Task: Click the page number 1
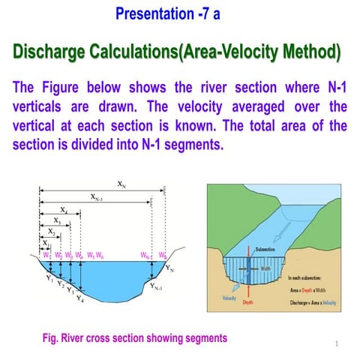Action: pos(339,344)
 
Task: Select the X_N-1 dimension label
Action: pos(97,197)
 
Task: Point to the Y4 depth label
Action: pos(79,299)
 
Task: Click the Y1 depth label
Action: pos(49,278)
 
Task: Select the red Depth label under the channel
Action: pos(248,303)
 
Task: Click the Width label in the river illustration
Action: pos(266,267)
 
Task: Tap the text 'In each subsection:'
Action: pos(305,277)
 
